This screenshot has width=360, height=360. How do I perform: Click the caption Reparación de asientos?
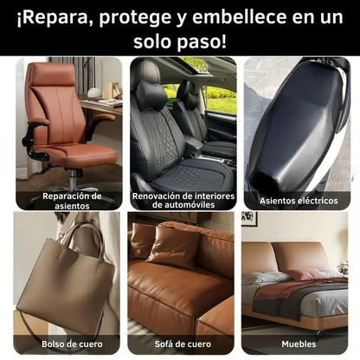point(72,201)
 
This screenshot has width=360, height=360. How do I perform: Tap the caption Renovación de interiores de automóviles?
point(182,201)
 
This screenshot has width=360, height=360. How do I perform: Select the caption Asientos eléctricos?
point(299,201)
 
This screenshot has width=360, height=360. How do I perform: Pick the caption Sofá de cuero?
point(180,342)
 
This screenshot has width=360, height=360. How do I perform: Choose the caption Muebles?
point(299,342)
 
